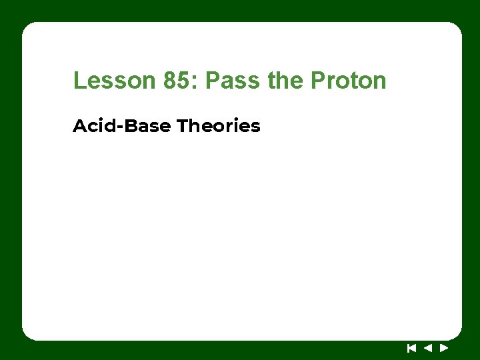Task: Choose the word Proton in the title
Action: coord(348,81)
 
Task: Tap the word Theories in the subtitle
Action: coord(219,125)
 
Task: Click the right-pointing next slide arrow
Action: coord(444,347)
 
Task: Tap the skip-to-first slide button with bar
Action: coord(412,347)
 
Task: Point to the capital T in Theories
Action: coord(182,125)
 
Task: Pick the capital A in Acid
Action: coord(79,125)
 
